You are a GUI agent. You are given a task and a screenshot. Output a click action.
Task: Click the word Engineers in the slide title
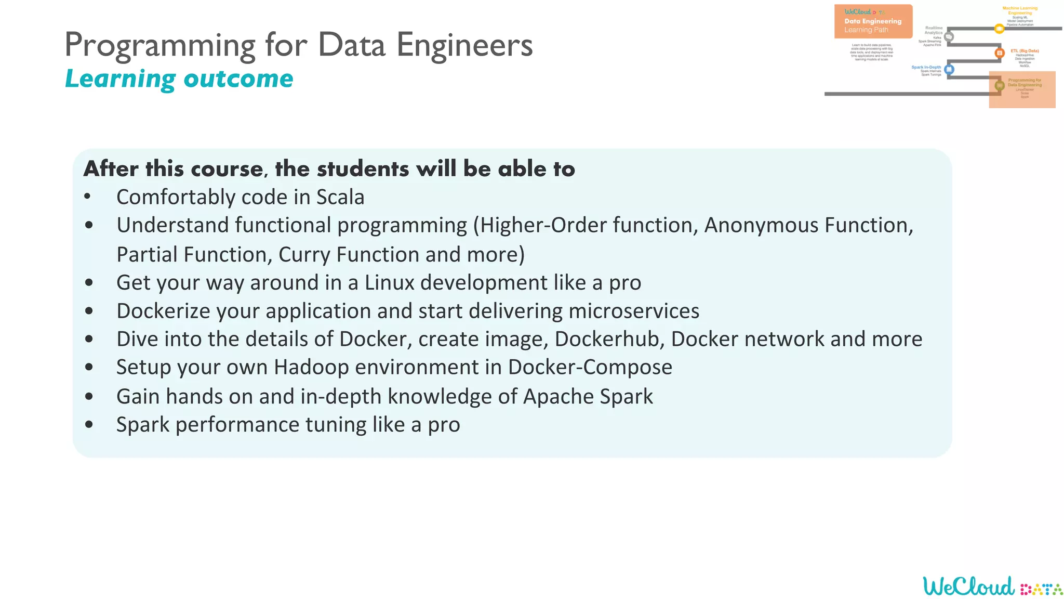coord(464,45)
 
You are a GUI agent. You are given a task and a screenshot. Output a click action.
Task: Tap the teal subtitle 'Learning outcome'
coord(179,79)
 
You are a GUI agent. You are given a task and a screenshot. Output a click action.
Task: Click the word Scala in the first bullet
coord(340,198)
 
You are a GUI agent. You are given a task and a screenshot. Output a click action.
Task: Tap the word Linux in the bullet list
coord(390,283)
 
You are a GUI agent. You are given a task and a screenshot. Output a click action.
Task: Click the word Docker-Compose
coord(590,367)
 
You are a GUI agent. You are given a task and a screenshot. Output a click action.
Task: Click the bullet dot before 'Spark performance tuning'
coord(89,425)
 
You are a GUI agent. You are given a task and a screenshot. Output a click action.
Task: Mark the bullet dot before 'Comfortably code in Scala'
coord(87,197)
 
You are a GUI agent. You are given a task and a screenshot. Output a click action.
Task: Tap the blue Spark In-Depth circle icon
coord(949,69)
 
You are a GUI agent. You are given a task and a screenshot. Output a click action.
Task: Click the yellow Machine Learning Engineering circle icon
coord(999,29)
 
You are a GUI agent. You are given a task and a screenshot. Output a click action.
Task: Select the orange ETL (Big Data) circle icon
coord(999,53)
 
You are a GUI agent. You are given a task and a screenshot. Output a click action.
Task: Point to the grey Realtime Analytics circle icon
coord(949,36)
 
